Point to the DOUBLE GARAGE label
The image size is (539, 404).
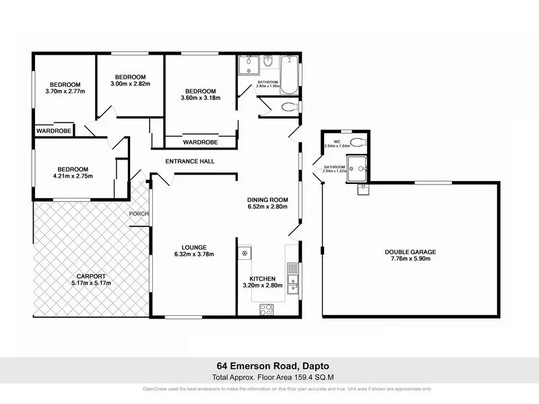tap(410, 252)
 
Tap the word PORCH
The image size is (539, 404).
tap(139, 214)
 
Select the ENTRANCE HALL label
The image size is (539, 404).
tap(190, 162)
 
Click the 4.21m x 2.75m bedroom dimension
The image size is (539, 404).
tap(72, 176)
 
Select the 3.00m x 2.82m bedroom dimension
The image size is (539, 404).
tap(131, 84)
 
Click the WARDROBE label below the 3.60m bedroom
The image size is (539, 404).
tap(200, 143)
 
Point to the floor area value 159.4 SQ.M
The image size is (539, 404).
tap(307, 378)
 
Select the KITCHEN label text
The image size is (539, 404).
tap(263, 278)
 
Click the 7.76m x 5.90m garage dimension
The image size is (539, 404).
tap(410, 259)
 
